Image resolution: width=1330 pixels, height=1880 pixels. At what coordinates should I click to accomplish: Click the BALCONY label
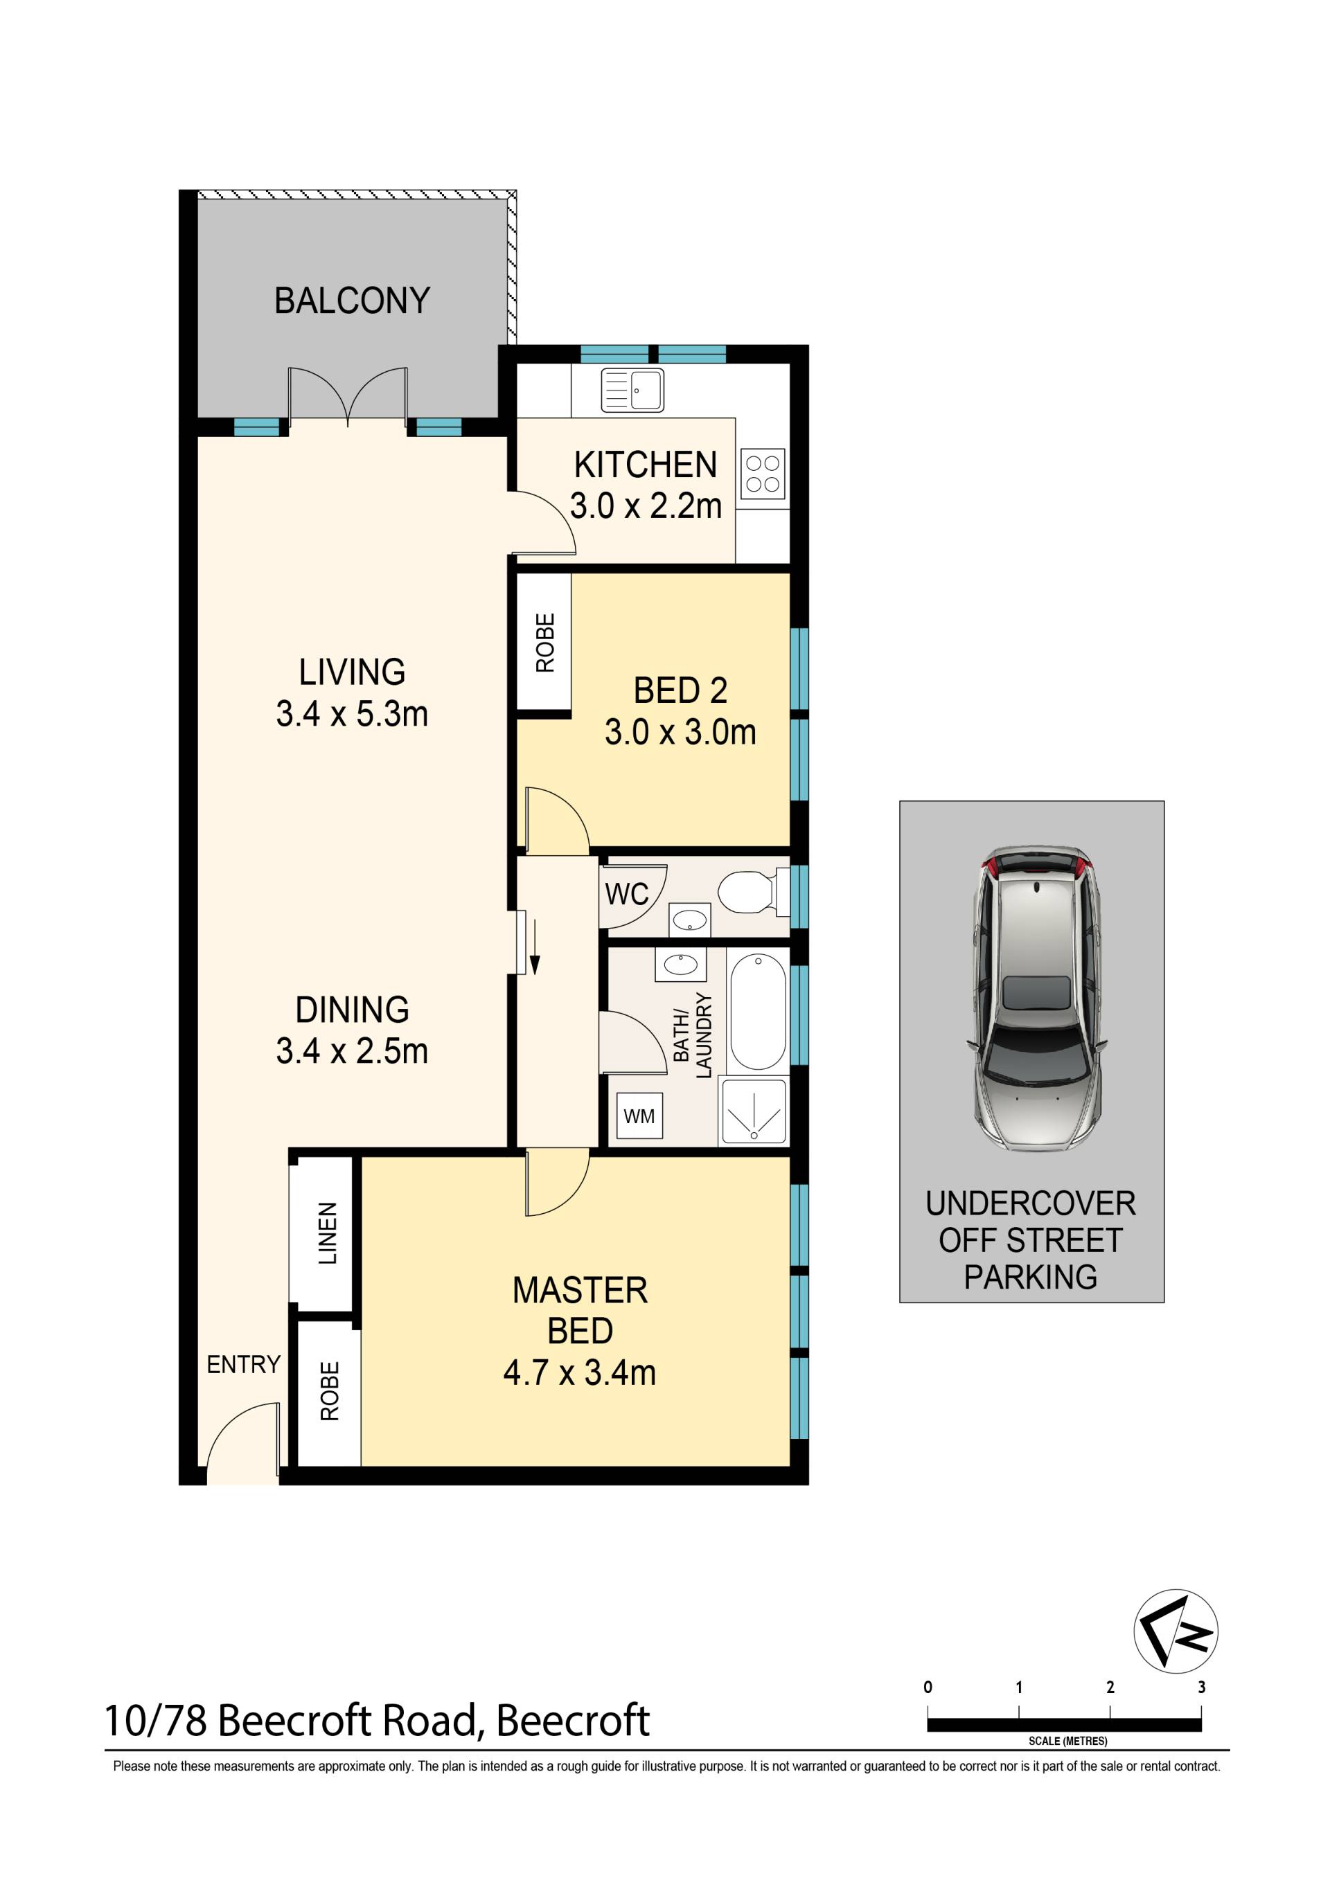click(352, 301)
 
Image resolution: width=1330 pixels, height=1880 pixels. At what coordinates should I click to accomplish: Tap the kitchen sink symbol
click(632, 391)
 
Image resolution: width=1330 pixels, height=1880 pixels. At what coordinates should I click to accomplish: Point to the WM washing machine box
click(639, 1116)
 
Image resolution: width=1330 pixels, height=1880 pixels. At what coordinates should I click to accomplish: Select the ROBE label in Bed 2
click(544, 643)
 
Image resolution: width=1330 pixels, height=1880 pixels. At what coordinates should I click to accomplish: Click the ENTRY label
click(243, 1364)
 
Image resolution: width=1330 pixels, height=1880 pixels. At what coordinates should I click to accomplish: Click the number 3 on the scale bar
click(1201, 1687)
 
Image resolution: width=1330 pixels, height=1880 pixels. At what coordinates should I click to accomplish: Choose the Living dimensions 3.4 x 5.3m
click(352, 714)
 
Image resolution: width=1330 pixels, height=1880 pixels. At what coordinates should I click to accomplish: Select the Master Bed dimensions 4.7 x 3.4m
click(580, 1373)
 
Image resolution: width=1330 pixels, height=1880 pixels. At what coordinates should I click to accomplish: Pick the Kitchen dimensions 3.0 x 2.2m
click(646, 506)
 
